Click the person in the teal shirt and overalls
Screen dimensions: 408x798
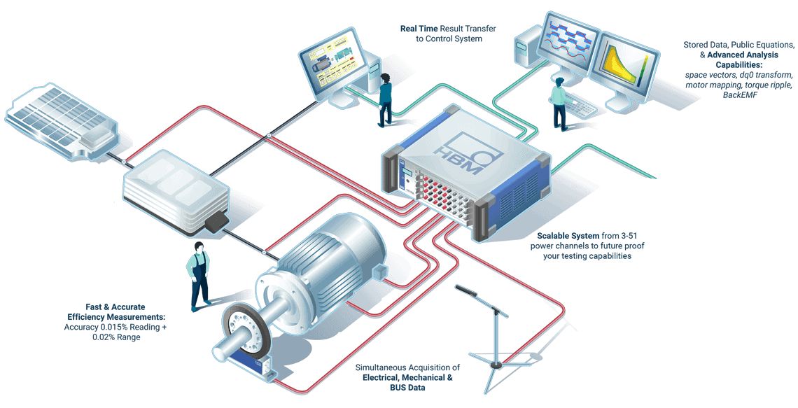tap(199, 275)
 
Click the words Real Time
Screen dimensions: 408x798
tap(418, 29)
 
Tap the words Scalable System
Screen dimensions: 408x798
tap(568, 236)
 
